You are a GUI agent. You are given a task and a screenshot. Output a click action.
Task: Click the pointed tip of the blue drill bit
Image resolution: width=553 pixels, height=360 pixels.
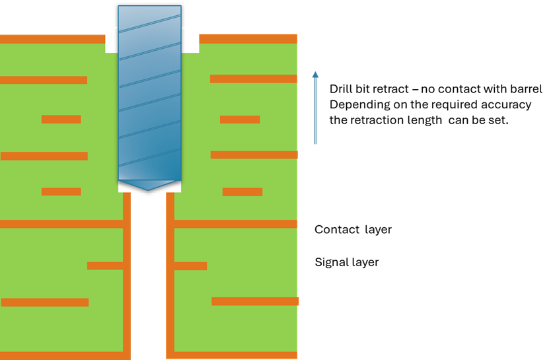148,189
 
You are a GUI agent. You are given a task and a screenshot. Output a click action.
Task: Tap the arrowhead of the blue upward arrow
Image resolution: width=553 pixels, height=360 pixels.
315,74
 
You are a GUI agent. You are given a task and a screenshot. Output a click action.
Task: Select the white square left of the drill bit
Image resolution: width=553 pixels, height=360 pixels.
111,40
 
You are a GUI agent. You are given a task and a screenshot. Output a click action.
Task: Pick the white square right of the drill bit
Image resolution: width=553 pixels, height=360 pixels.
190,40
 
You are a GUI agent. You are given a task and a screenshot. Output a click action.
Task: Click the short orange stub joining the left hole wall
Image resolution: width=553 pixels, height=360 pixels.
105,266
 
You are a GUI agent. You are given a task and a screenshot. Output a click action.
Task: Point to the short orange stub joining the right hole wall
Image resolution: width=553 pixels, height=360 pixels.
190,266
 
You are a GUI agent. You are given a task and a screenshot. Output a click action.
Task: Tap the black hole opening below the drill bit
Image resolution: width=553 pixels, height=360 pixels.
148,277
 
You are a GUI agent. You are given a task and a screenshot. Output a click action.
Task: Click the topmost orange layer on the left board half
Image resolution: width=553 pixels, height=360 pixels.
53,39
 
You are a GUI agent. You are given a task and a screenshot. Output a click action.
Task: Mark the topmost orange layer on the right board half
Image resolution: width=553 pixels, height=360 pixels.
248,38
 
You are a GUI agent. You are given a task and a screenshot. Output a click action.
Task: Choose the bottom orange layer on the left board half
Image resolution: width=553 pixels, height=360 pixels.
63,355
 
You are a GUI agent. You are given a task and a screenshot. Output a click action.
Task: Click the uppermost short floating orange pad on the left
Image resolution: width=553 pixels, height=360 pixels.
61,120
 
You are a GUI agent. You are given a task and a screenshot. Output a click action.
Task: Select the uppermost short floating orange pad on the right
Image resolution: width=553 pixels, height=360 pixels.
240,120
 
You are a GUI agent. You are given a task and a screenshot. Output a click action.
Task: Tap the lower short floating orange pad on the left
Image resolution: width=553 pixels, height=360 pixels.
61,192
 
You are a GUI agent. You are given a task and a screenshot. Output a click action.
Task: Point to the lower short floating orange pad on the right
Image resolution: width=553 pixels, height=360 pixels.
242,192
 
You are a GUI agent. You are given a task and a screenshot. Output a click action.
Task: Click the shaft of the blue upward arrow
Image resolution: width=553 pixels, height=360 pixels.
315,112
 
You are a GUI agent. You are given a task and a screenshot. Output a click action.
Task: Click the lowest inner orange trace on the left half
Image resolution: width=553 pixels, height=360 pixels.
45,302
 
